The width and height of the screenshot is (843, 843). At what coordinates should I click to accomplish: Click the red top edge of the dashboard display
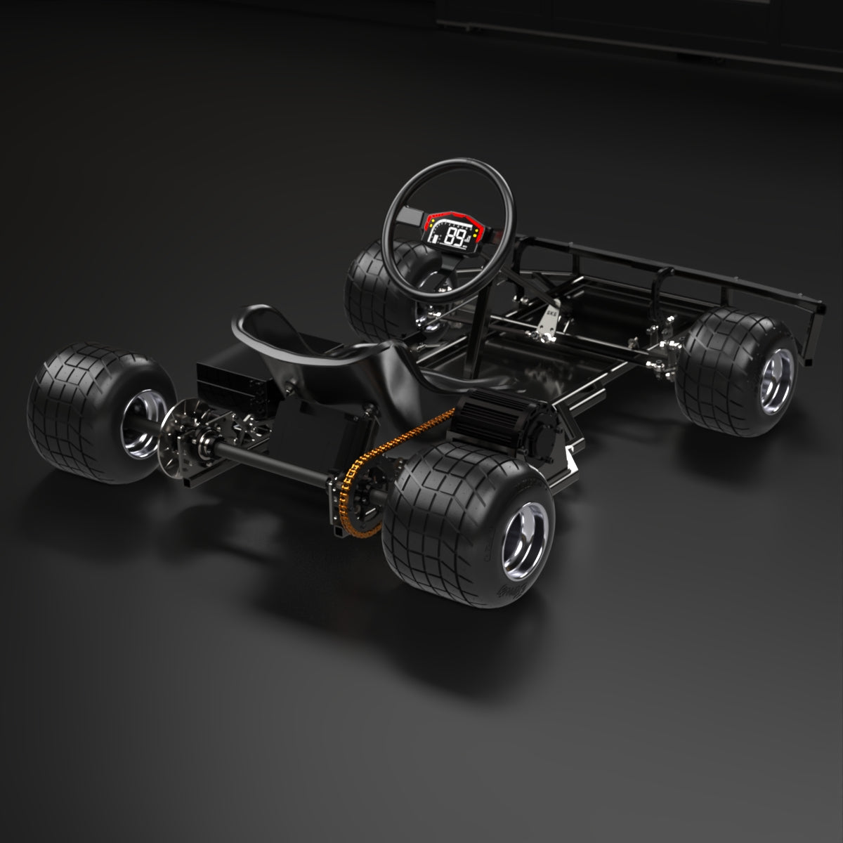click(x=453, y=213)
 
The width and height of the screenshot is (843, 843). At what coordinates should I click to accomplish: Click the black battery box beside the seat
click(x=232, y=383)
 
